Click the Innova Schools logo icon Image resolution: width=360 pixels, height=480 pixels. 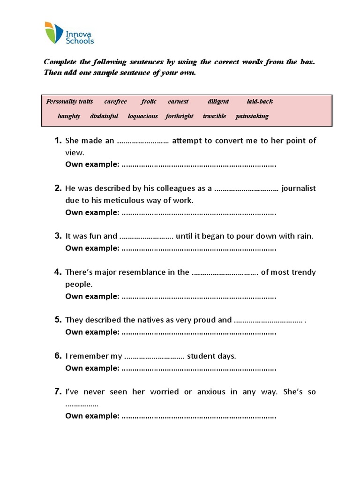coord(54,33)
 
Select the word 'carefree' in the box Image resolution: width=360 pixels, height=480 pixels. coord(115,101)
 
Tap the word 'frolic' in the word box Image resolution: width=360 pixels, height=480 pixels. coord(149,101)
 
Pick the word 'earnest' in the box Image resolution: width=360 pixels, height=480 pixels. coord(178,101)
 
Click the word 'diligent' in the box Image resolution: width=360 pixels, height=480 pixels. coord(218,101)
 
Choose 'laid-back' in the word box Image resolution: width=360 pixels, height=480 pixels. coord(260,101)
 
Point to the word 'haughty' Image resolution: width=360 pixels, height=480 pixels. coord(69,116)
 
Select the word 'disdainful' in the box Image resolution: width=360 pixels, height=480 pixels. coord(104,116)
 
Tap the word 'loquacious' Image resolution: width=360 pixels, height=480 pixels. coord(143,116)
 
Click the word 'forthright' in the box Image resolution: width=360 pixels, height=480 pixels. coord(179,116)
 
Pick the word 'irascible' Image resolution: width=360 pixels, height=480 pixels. coord(214,116)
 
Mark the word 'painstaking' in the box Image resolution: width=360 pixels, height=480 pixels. coord(252,116)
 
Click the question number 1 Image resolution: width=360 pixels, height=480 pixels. coord(58,141)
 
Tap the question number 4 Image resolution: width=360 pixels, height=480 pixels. coord(58,272)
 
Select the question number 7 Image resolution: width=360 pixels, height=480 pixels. coord(58,391)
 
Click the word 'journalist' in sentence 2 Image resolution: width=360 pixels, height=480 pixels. coord(299,188)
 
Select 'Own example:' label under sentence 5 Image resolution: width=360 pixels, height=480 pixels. coord(92,332)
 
